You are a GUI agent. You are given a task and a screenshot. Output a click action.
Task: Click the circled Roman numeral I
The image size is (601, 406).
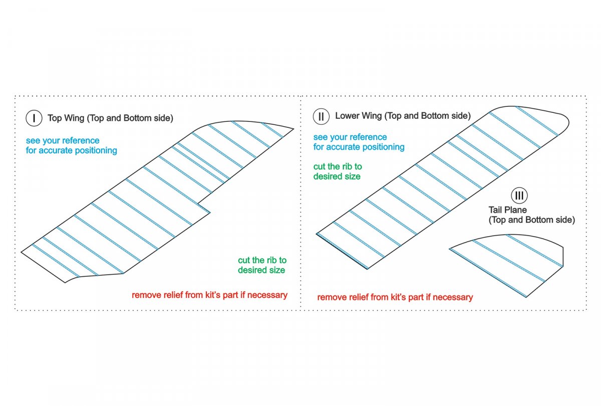click(x=34, y=118)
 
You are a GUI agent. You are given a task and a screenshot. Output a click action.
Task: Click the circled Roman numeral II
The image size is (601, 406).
click(x=321, y=116)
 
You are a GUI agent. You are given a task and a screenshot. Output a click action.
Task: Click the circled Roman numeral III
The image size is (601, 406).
click(x=519, y=195)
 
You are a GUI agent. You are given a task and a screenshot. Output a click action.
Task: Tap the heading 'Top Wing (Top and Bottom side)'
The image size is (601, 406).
click(x=110, y=118)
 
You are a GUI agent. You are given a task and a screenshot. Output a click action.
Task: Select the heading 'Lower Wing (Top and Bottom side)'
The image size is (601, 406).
click(x=403, y=116)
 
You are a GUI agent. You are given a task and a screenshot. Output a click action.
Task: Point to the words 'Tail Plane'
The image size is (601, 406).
click(x=507, y=210)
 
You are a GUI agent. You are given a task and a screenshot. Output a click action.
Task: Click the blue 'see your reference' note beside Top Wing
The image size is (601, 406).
click(x=63, y=140)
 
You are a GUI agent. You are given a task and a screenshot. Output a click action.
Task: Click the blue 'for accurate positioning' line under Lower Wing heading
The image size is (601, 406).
click(x=359, y=147)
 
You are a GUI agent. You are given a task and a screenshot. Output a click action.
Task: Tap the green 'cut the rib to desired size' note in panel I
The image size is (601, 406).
click(x=262, y=265)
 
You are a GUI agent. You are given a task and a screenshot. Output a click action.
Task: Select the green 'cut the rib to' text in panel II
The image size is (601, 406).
click(x=338, y=166)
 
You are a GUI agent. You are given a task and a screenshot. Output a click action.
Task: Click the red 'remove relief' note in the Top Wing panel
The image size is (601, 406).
click(x=209, y=295)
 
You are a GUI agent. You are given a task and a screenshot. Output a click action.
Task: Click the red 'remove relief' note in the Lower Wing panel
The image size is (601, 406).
click(x=395, y=297)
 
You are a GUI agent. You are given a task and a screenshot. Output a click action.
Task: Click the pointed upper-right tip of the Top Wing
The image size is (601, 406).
click(x=293, y=129)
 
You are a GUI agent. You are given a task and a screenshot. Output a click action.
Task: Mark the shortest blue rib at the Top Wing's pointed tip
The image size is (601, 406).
click(x=272, y=130)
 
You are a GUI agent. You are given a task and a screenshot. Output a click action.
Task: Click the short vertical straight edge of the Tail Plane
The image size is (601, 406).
click(x=563, y=257)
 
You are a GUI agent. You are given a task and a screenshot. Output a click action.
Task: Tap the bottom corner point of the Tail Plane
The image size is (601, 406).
click(x=526, y=297)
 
